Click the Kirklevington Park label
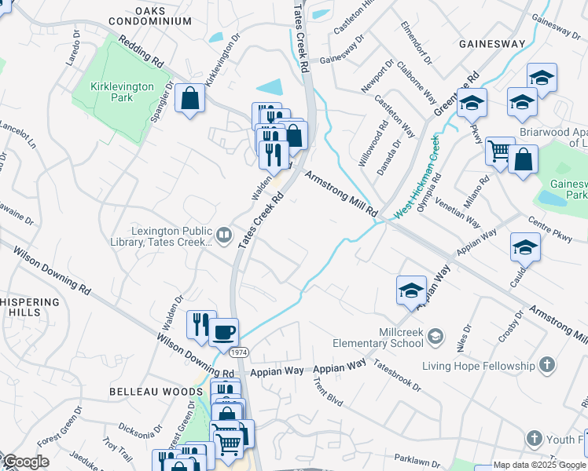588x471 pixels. (122, 92)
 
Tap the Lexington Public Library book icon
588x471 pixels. (224, 235)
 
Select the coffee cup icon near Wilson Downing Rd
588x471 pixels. (222, 332)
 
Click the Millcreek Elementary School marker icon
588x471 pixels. (436, 338)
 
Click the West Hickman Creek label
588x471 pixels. (416, 178)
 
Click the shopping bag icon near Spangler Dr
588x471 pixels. (189, 99)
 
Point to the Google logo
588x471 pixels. (25, 462)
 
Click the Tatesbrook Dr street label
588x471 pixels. (397, 375)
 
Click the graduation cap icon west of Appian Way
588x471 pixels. (411, 290)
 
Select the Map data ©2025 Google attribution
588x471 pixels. (540, 465)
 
